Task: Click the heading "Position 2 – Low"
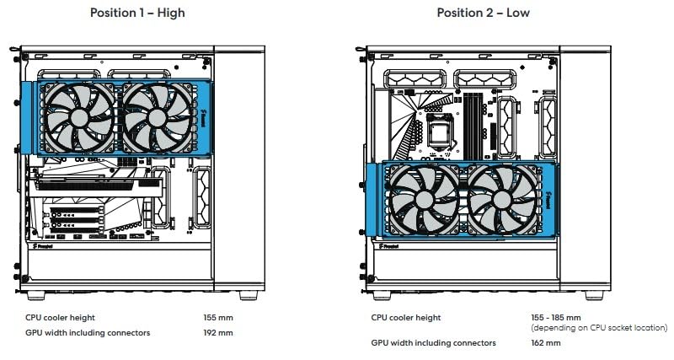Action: (x=483, y=13)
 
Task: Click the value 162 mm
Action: (x=547, y=342)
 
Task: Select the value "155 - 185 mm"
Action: (x=557, y=317)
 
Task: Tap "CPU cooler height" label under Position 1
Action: (x=61, y=317)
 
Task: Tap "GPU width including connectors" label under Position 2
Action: (x=433, y=342)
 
